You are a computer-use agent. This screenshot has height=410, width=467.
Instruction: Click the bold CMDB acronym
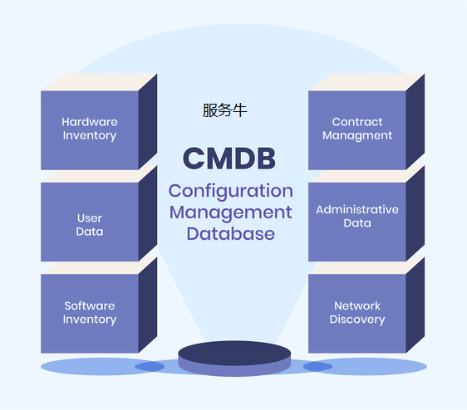(229, 159)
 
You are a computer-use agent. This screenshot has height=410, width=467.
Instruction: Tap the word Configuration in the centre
(231, 192)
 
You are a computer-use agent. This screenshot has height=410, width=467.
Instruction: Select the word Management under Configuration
(231, 213)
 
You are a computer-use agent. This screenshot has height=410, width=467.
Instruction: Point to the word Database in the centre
(231, 233)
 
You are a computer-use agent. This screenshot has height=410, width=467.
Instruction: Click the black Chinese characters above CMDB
(225, 110)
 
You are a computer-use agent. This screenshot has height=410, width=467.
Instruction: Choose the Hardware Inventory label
(90, 129)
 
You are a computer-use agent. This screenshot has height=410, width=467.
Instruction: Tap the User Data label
(90, 225)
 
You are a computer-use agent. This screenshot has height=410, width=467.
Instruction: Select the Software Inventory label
(90, 312)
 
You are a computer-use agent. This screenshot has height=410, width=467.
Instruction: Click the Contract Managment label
(357, 129)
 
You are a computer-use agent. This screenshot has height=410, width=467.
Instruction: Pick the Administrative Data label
(357, 217)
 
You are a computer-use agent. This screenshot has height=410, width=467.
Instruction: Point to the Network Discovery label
(357, 312)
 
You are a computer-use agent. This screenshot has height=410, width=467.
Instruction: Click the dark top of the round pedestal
(234, 353)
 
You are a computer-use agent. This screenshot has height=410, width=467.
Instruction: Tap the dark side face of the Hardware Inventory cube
(148, 122)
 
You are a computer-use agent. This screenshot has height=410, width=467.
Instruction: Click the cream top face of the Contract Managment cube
(366, 82)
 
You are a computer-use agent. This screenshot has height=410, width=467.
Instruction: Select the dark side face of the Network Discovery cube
(415, 305)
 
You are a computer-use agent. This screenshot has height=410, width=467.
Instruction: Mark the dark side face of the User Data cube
(148, 213)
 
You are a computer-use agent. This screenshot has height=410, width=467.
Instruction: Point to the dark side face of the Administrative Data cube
(415, 213)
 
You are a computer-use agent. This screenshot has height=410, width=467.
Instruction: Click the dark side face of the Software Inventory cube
(148, 305)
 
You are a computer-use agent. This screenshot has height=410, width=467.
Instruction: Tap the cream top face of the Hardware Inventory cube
(99, 82)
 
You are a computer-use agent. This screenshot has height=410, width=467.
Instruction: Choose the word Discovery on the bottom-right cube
(357, 320)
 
